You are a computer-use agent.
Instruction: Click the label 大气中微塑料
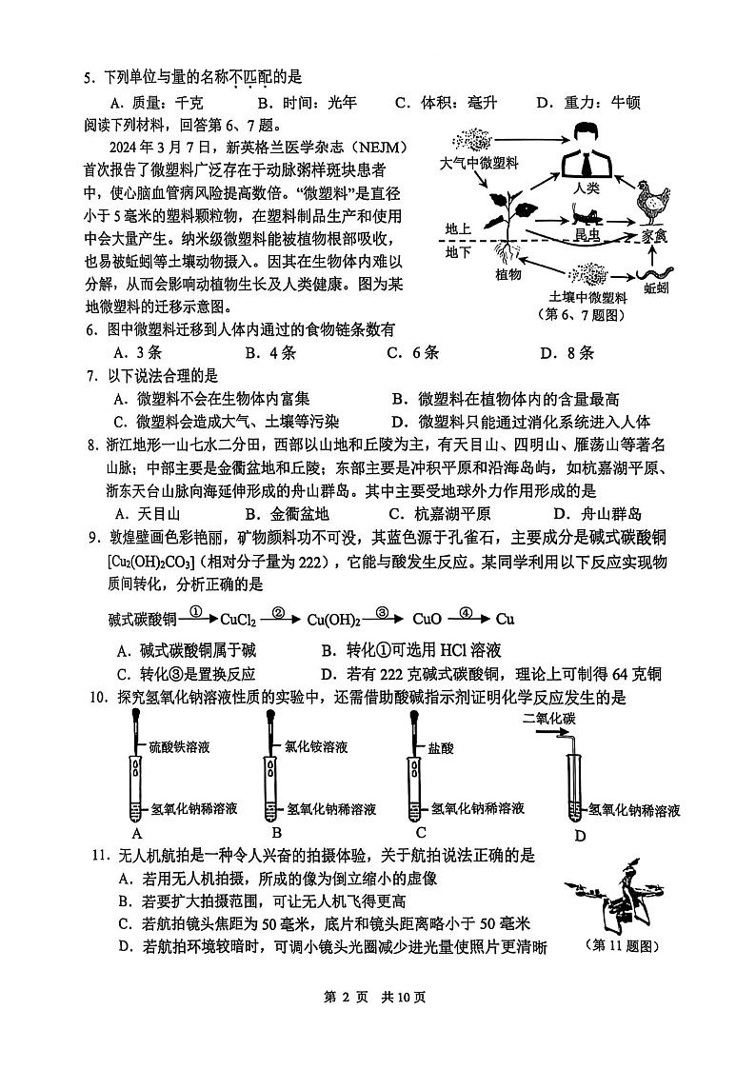(x=479, y=164)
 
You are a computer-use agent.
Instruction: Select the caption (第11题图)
(x=621, y=945)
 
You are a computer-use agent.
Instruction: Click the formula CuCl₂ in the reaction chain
(x=237, y=620)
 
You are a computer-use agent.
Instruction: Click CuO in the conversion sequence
(x=425, y=620)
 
